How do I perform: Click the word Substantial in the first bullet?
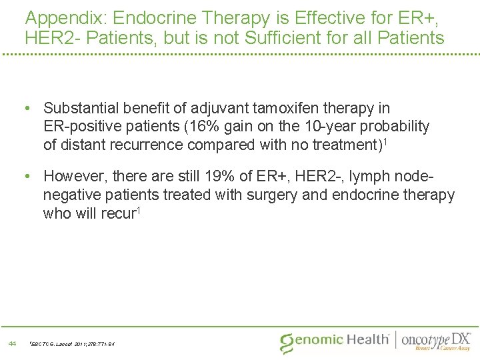pos(81,108)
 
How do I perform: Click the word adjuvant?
pos(217,108)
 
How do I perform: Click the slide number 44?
pos(12,343)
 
